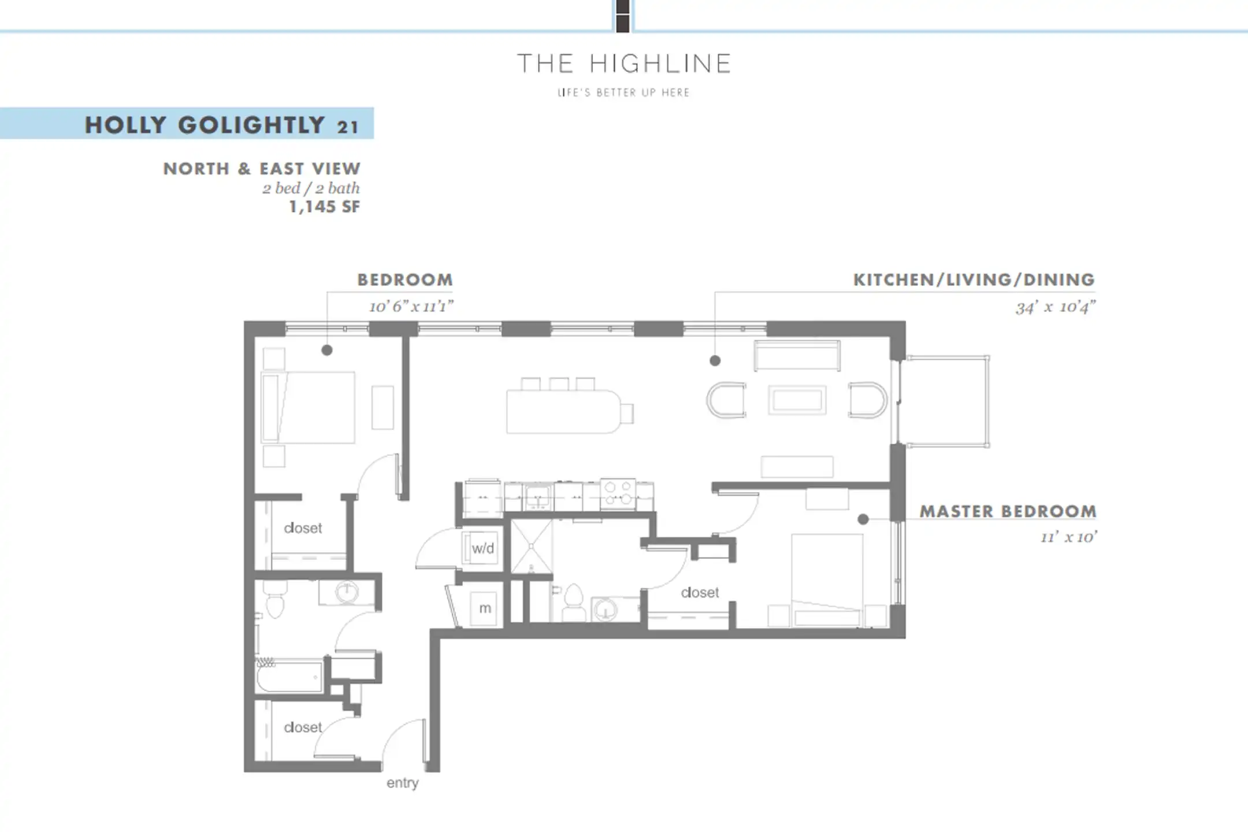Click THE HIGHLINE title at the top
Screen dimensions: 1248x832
pos(623,63)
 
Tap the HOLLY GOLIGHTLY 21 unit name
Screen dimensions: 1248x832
pos(222,125)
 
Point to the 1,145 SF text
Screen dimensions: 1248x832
pos(324,207)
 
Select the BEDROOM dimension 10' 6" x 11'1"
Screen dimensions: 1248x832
pos(411,306)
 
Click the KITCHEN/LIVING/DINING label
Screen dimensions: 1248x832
pos(974,280)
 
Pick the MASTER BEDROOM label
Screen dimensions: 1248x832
pos(1008,511)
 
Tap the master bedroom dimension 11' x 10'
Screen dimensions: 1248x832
pos(1068,537)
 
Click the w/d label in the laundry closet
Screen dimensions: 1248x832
pos(483,548)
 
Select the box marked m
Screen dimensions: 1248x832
pos(485,608)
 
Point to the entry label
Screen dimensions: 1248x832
pos(402,783)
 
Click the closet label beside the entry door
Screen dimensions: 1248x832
pos(303,727)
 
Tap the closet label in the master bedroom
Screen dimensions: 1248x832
pos(700,592)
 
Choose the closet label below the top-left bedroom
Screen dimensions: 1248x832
pos(303,528)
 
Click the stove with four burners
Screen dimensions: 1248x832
pos(618,494)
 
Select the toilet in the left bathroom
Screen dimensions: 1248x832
pos(274,598)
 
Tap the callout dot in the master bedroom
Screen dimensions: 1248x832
pos(863,519)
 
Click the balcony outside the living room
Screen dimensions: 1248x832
pos(946,401)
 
